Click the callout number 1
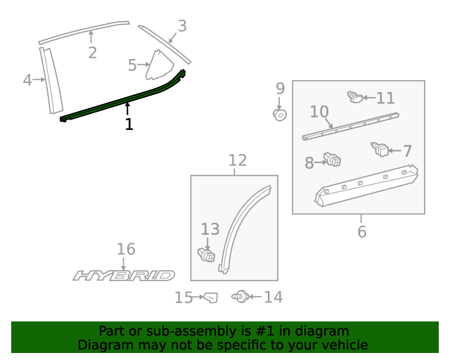point(129,124)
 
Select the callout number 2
point(92,53)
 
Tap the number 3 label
point(182,27)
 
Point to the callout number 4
point(27,80)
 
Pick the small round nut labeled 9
point(279,113)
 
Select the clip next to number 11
point(355,97)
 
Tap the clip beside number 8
point(333,161)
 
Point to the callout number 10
point(319,112)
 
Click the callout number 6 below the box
point(361,231)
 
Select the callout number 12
point(238,160)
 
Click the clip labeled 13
point(207,254)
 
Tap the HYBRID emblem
point(124,275)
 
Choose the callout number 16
point(126,249)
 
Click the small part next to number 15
point(210,298)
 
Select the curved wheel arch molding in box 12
point(243,225)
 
